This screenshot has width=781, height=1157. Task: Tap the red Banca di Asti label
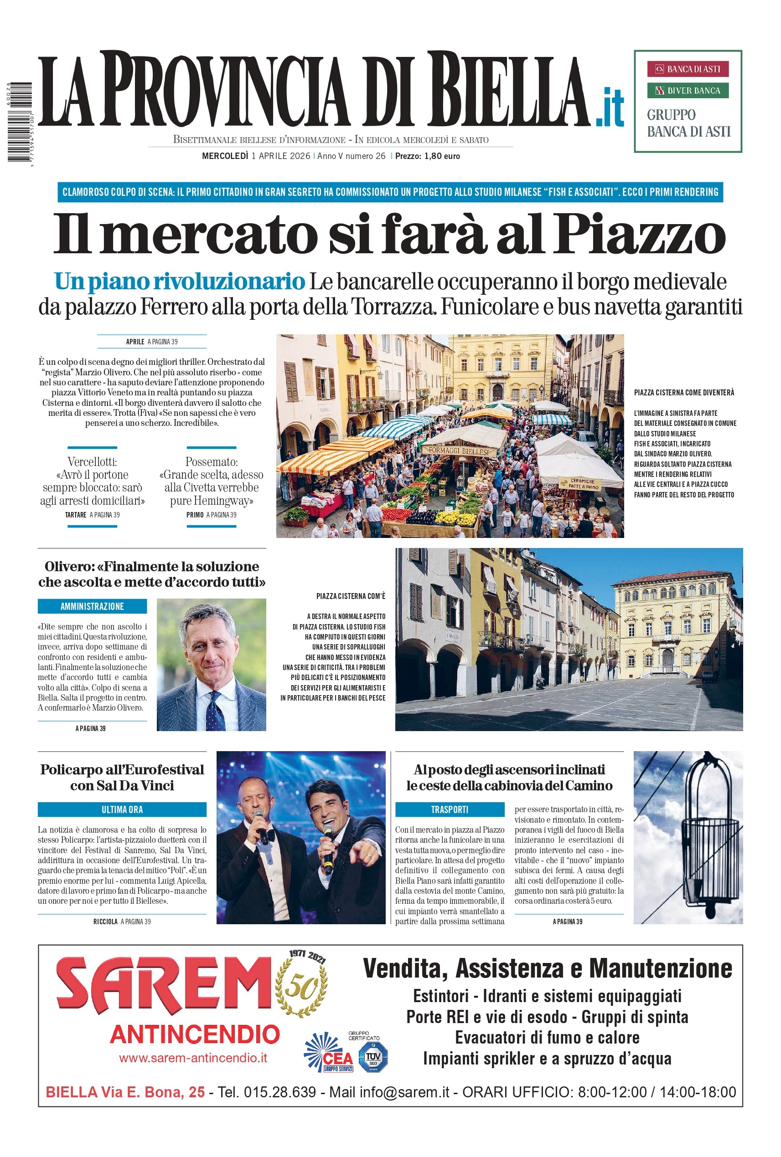point(688,69)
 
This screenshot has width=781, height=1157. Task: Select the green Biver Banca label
point(688,90)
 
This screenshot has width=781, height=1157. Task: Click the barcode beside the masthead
point(20,122)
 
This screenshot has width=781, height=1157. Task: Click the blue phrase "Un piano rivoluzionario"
point(179,281)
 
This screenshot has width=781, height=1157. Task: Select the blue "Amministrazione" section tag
point(92,606)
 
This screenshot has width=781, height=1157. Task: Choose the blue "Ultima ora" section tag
point(122,809)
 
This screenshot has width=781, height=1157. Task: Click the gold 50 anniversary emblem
point(301,988)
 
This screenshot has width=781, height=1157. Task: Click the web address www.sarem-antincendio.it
point(193,1058)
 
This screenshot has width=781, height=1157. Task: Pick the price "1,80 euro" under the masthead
point(442,156)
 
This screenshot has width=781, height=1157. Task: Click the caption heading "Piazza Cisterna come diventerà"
point(684,393)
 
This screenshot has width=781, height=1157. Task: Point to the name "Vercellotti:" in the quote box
point(93,461)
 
